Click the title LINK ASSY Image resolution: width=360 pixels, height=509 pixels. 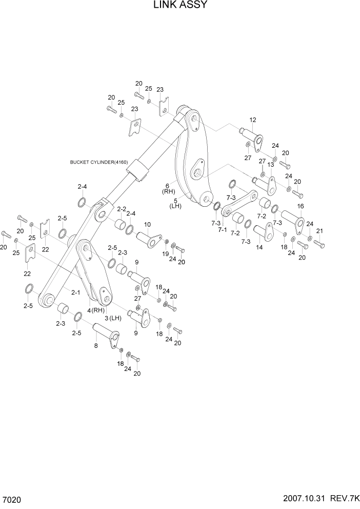[180, 6]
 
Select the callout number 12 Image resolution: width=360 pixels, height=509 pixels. [252, 120]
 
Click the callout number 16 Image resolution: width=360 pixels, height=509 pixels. [301, 206]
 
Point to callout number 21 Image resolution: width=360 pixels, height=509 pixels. [319, 230]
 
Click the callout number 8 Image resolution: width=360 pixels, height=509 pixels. [95, 346]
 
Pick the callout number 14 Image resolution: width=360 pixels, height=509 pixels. [259, 247]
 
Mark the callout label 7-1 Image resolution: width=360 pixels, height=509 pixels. [222, 229]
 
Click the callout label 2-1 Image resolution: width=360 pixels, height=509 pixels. [75, 292]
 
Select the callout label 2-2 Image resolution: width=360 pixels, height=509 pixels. [121, 209]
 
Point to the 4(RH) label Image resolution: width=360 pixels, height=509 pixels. [96, 310]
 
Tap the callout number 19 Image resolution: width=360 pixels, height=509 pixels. [166, 254]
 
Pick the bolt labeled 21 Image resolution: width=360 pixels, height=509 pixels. [318, 244]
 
